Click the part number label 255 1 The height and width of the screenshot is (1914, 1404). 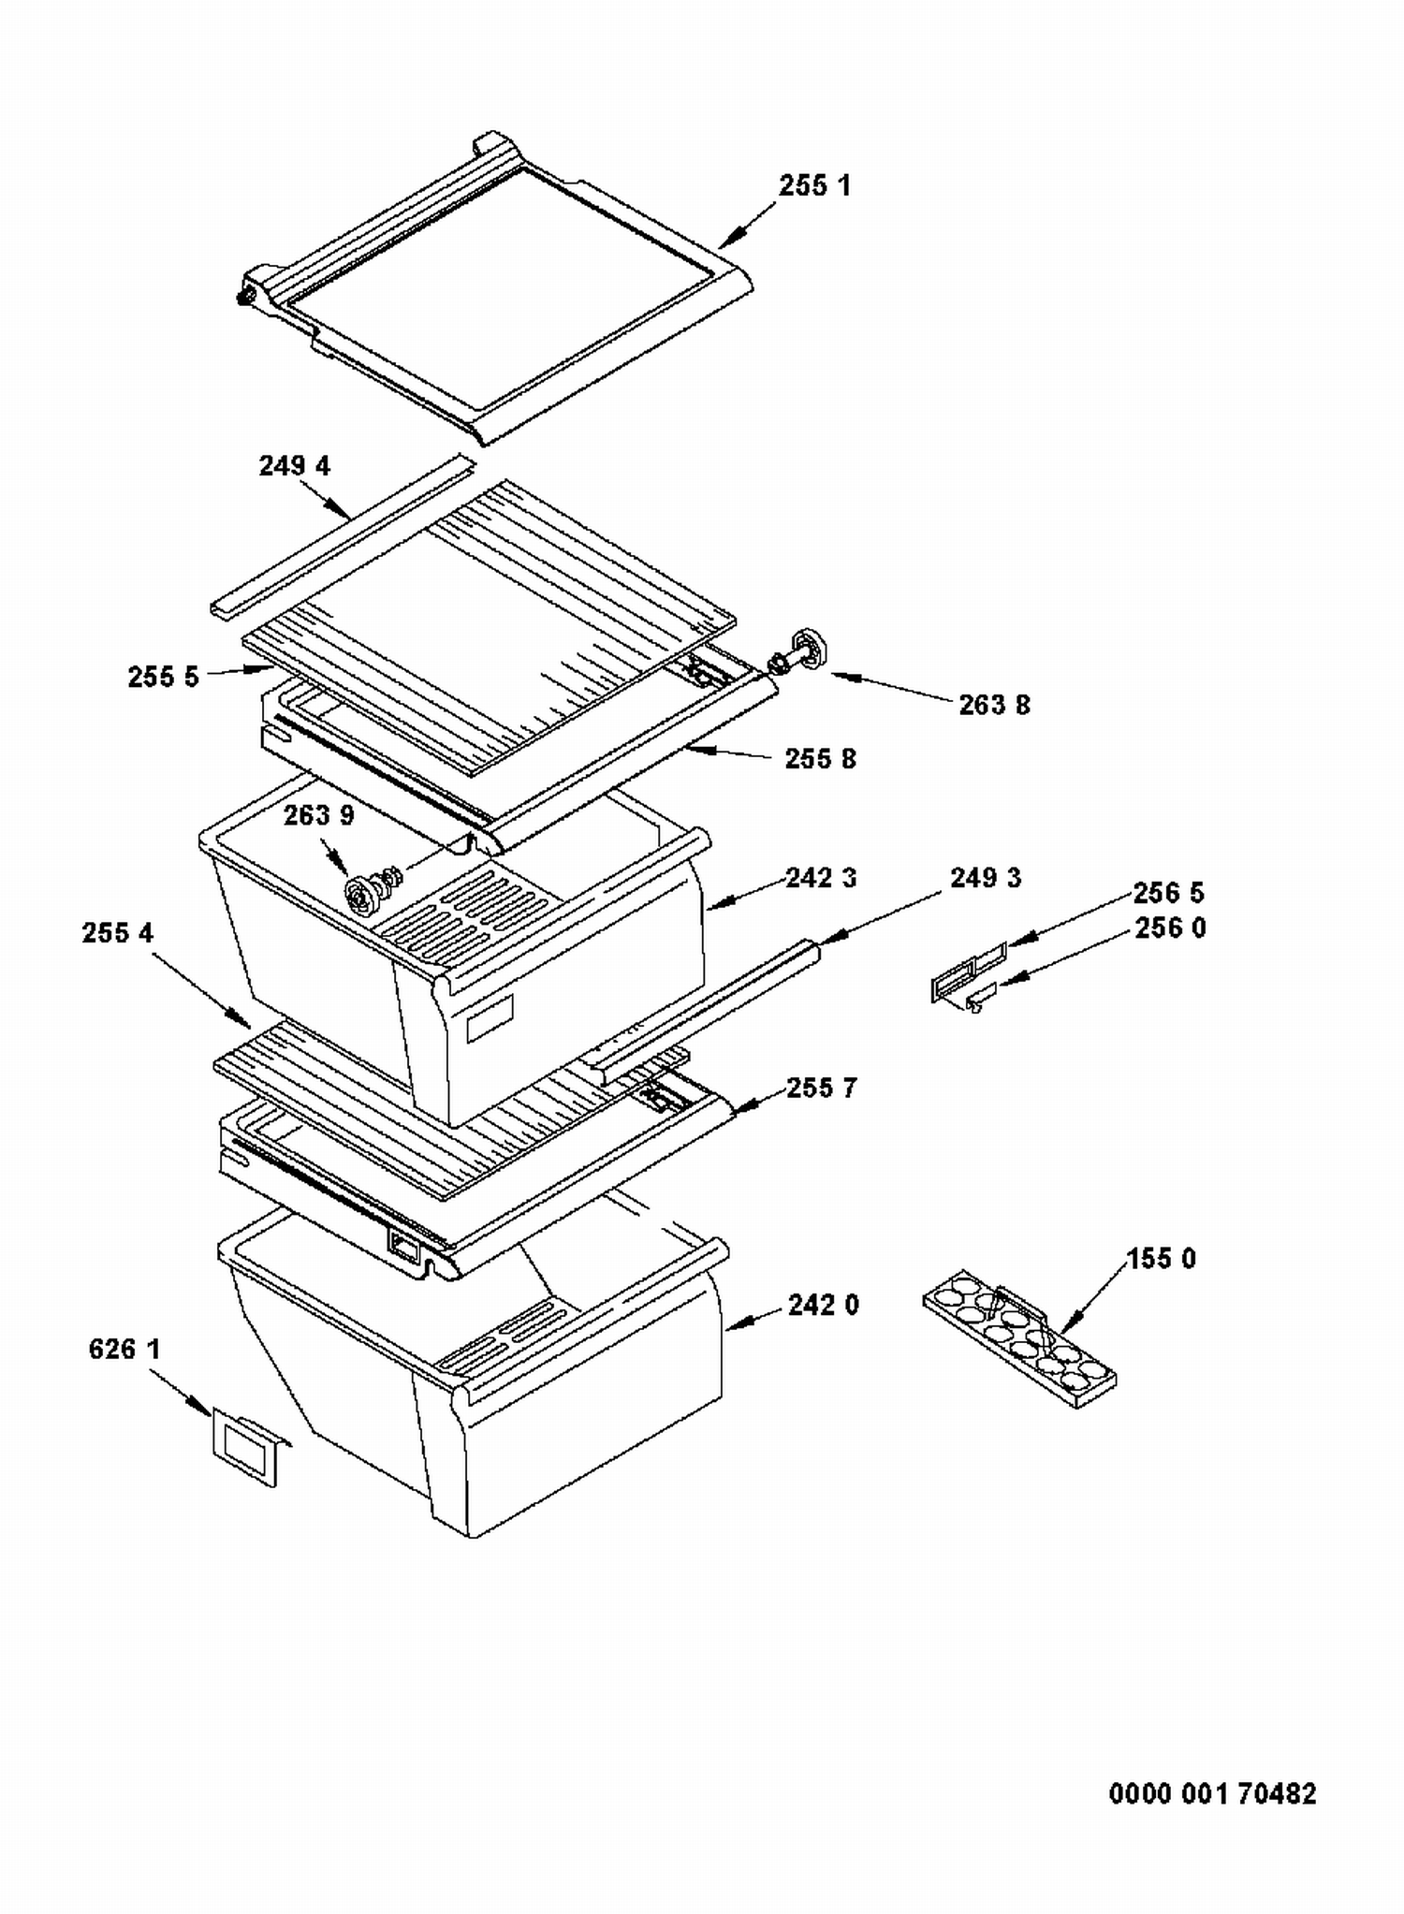click(814, 185)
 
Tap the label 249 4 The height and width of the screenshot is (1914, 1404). click(294, 465)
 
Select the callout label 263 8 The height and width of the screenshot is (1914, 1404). click(994, 705)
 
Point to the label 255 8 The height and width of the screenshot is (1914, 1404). click(820, 758)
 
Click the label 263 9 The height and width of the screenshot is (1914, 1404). click(319, 815)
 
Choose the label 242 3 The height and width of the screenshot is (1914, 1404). click(821, 878)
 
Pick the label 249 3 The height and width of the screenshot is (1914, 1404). click(986, 878)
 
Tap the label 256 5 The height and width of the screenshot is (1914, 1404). click(1168, 892)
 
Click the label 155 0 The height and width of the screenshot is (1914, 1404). click(1161, 1259)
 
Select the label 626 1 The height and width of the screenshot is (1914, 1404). click(124, 1349)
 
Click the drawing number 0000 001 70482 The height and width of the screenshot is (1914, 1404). click(1212, 1793)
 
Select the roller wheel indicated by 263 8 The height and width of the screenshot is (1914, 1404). click(797, 653)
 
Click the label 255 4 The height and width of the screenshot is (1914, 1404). click(117, 933)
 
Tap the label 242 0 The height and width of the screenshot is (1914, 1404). click(823, 1305)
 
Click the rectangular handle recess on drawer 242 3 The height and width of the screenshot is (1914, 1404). click(490, 1018)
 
